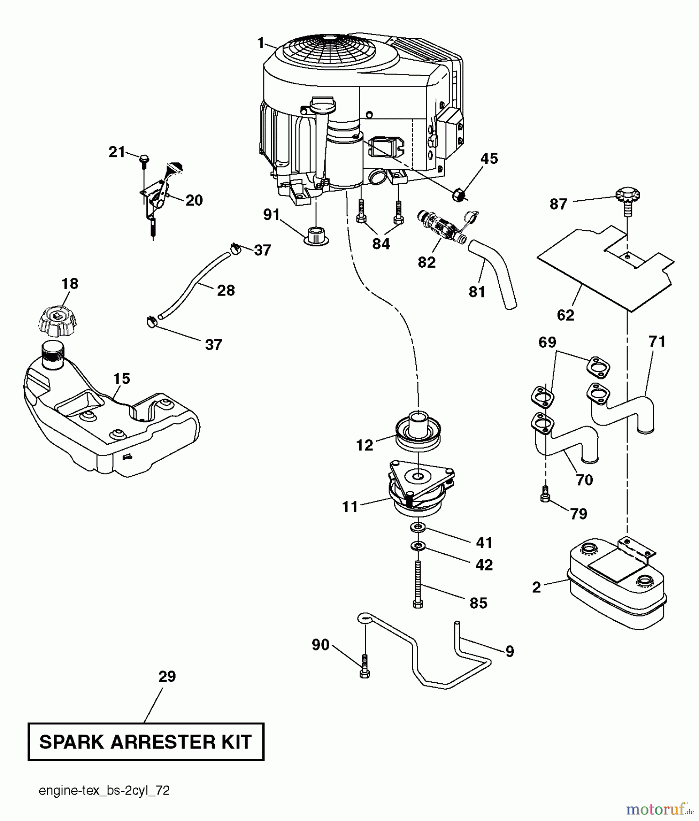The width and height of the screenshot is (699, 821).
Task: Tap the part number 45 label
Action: tap(489, 159)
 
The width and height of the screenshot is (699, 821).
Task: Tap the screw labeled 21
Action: tap(143, 159)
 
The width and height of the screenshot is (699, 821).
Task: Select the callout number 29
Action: tap(167, 676)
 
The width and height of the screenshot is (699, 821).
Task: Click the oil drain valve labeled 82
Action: tap(441, 225)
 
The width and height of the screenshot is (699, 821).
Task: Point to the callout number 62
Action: tap(565, 315)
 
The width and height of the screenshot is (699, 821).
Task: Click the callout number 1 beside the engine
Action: tap(260, 43)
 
